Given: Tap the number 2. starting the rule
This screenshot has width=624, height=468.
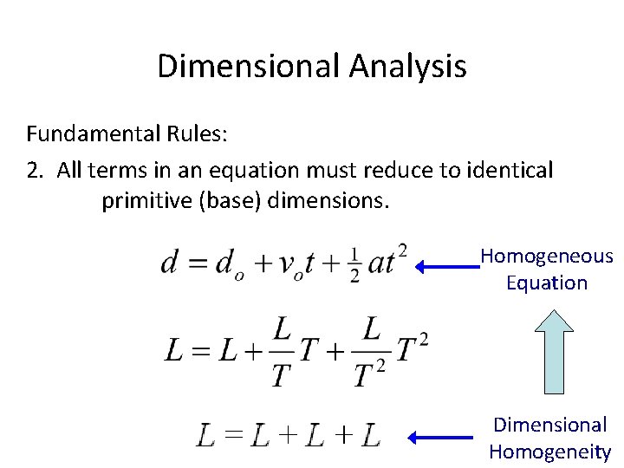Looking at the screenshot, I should click(x=36, y=170).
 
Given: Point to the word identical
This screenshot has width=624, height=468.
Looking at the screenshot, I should click(x=507, y=170).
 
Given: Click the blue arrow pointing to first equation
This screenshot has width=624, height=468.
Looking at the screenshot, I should click(x=446, y=268).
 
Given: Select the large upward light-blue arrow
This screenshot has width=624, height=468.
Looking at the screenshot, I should click(x=548, y=350).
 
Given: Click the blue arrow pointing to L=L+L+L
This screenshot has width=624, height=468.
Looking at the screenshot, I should click(x=442, y=436).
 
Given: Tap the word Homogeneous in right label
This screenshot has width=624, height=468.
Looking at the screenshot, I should click(x=547, y=257).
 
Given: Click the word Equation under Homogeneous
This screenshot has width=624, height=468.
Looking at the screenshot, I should click(x=547, y=283).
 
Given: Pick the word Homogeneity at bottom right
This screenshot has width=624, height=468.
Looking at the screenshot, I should click(x=549, y=452).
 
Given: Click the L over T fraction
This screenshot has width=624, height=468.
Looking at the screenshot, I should click(x=282, y=351).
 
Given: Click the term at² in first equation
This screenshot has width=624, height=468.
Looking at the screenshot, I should click(x=387, y=260).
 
